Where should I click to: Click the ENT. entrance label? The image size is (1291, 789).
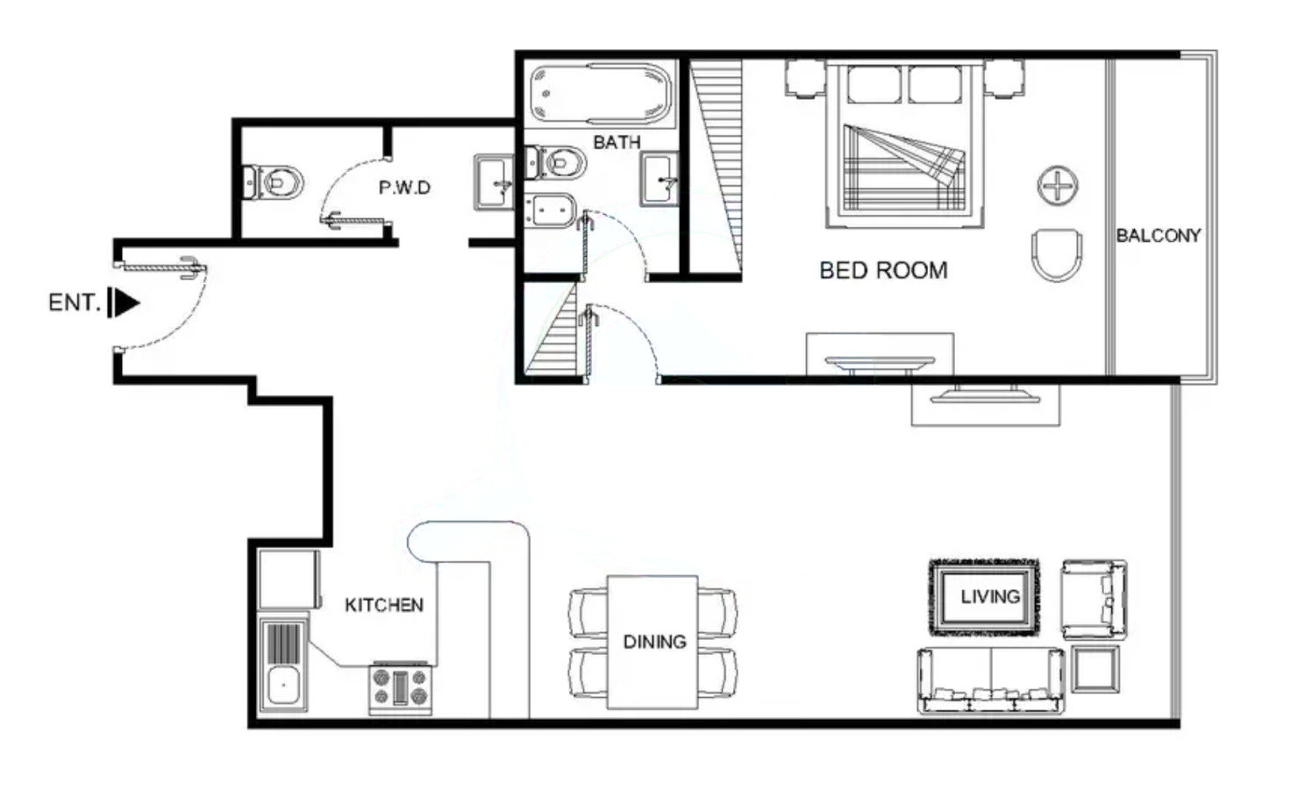(x=75, y=302)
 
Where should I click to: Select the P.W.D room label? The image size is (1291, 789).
(x=404, y=188)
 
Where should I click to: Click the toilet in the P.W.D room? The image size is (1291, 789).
(x=273, y=182)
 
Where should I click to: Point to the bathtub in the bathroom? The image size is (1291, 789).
(x=601, y=94)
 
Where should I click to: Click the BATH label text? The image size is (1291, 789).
(x=617, y=142)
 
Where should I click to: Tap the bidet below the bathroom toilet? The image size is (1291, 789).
(x=551, y=210)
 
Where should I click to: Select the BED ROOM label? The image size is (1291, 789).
(x=883, y=270)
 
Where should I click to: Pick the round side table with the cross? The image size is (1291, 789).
(x=1058, y=186)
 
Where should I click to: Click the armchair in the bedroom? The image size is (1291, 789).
(x=1057, y=255)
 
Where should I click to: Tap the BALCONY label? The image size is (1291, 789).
(x=1159, y=236)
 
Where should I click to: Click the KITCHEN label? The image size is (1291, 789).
(x=384, y=605)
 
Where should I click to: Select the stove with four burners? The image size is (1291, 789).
(x=401, y=687)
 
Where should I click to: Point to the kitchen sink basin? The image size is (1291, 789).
(x=283, y=686)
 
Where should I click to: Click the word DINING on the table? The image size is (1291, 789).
(x=655, y=642)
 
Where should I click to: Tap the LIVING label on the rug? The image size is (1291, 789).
(x=990, y=597)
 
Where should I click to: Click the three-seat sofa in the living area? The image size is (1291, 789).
(x=991, y=680)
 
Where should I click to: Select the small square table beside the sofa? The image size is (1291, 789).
(x=1095, y=669)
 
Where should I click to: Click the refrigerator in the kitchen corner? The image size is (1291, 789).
(x=289, y=579)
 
